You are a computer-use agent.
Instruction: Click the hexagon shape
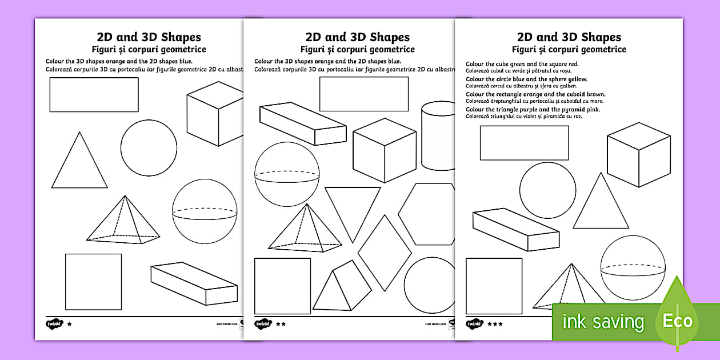(x=426, y=214)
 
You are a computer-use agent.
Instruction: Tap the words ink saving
(x=603, y=322)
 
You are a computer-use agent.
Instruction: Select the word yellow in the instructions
(x=577, y=79)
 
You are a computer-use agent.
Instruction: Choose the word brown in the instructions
(x=595, y=94)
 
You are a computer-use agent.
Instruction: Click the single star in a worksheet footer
(x=70, y=324)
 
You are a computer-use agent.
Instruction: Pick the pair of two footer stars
(x=281, y=324)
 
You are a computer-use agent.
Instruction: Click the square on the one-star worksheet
(x=93, y=282)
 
